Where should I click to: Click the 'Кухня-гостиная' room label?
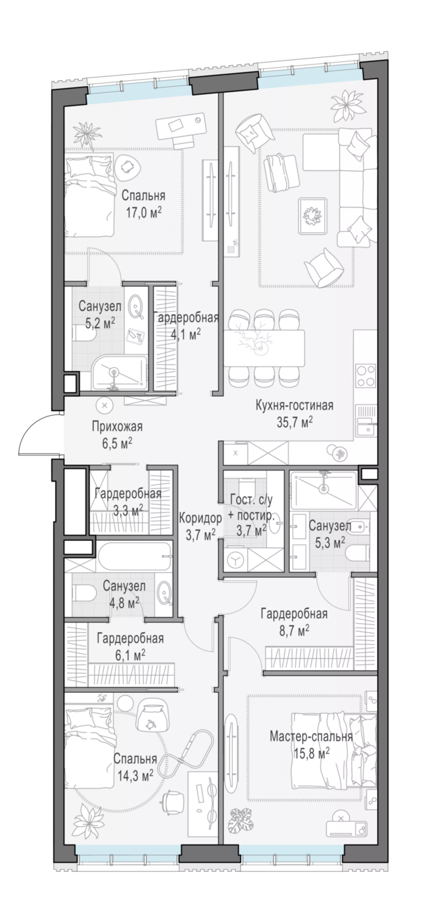[x=295, y=406]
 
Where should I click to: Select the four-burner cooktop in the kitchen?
[x=366, y=375]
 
